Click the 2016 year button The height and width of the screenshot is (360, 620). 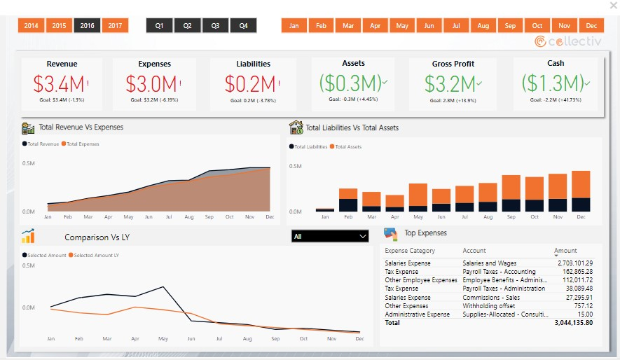87,26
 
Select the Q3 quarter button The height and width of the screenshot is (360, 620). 215,26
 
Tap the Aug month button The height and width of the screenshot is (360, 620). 483,26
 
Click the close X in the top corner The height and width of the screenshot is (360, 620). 614,6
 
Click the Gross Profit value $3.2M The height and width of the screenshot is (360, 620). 452,83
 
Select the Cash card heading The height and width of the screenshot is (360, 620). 555,64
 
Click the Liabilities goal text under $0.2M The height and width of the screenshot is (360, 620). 253,101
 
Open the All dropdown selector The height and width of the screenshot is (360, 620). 330,237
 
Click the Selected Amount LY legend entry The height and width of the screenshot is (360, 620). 96,256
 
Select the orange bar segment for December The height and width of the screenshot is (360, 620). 581,184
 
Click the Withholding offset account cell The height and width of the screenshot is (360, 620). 489,306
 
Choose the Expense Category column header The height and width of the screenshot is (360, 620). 410,251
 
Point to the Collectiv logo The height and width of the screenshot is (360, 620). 568,42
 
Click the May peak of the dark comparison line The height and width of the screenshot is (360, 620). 163,286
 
